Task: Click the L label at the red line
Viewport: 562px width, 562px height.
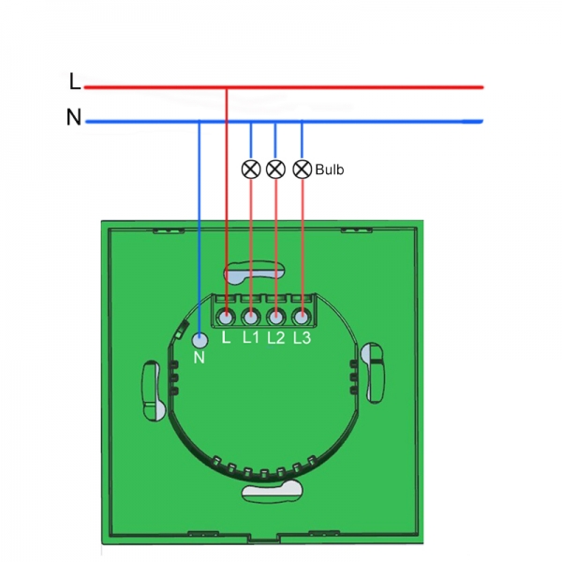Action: coord(75,82)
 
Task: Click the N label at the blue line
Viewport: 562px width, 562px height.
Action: coord(73,118)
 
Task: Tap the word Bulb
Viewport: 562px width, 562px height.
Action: coord(330,170)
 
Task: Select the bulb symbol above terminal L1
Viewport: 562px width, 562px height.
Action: coord(250,170)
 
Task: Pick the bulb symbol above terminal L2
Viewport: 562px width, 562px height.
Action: coord(275,170)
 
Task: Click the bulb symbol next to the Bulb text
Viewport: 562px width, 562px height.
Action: coord(302,170)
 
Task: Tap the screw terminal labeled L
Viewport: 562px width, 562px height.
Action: coord(227,315)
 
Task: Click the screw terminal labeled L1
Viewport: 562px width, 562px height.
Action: coord(250,315)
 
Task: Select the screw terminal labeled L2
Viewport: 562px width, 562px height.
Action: coord(275,315)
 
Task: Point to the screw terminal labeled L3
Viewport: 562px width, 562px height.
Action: coord(301,315)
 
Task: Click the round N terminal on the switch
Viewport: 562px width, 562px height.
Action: coord(199,342)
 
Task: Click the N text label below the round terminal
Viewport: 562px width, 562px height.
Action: coord(199,360)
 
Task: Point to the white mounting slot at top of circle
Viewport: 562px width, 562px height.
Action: coord(253,272)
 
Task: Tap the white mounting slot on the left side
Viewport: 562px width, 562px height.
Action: coord(152,389)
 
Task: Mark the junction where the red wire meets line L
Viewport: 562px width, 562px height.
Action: coord(227,87)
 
